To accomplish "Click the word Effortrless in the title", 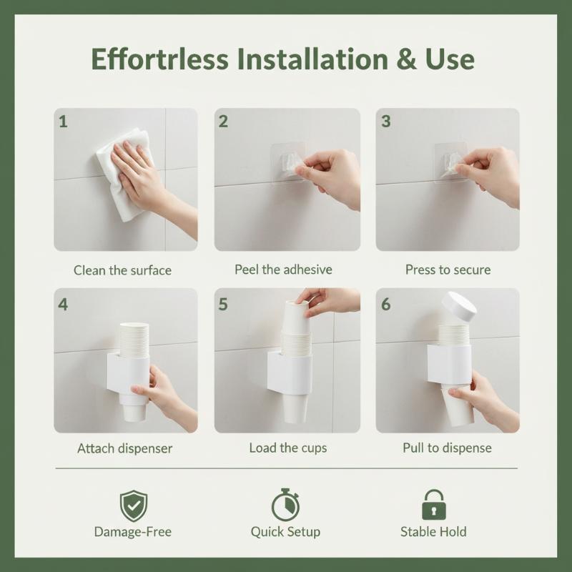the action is tap(159, 59).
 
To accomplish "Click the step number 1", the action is tap(63, 122).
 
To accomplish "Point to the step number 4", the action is tap(63, 305).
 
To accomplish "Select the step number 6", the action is tap(385, 305).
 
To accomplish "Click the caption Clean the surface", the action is tap(122, 270).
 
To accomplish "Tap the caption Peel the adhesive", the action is tap(283, 270).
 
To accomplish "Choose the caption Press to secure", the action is tap(448, 270).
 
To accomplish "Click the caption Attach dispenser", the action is tap(124, 448).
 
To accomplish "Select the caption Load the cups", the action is tap(288, 448).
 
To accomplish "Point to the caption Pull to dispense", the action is tap(448, 448).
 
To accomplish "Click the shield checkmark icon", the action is tap(134, 506).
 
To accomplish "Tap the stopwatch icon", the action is tap(285, 506).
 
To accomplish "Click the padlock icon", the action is tap(434, 505).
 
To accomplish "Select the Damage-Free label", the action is tap(133, 532).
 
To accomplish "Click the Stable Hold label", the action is tap(433, 532).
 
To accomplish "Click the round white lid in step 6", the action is tap(459, 307).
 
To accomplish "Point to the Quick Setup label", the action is tap(285, 532).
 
